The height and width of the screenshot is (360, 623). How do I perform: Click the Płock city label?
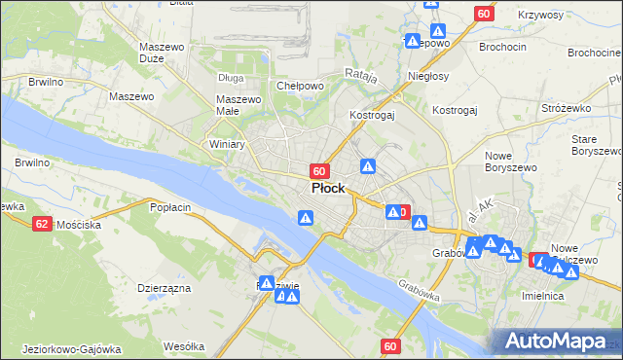click(330, 188)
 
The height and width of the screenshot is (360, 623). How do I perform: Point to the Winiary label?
click(227, 144)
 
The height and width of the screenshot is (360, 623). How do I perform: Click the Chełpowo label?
click(300, 86)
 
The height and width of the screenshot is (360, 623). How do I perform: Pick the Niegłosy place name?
click(429, 76)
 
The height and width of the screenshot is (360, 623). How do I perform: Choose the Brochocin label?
click(503, 46)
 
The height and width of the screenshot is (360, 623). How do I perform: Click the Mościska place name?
click(79, 225)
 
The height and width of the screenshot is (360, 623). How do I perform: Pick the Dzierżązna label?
click(164, 288)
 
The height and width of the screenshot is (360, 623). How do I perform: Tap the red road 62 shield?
click(41, 224)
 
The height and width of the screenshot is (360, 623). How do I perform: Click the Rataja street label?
click(360, 74)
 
